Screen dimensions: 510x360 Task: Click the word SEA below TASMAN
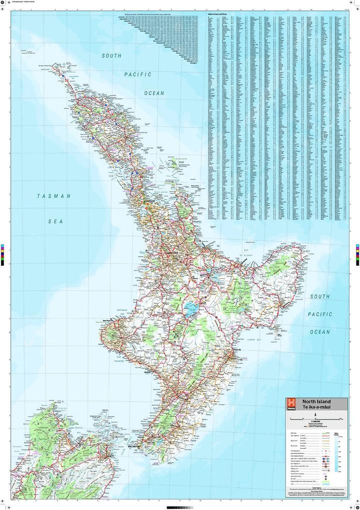coord(55,221)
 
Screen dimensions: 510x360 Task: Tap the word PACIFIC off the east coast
coord(319,314)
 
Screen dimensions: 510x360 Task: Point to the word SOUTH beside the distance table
coord(111,56)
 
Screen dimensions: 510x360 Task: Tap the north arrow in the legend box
coord(315,414)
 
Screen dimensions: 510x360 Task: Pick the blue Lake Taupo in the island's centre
coord(190,310)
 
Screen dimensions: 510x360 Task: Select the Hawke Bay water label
coord(261,340)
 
